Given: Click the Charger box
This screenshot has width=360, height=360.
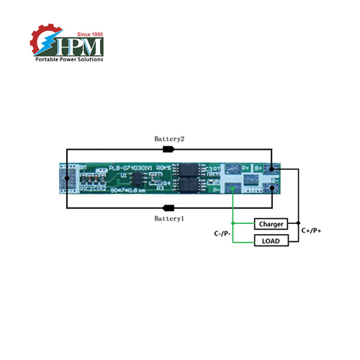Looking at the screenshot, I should pyautogui.click(x=271, y=224).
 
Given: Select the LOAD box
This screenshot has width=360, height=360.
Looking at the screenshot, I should pyautogui.click(x=271, y=240).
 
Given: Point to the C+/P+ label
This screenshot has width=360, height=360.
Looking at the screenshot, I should pyautogui.click(x=312, y=230).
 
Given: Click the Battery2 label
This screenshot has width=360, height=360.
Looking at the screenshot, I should pyautogui.click(x=170, y=138).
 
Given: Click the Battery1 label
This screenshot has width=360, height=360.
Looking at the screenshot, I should pyautogui.click(x=170, y=217).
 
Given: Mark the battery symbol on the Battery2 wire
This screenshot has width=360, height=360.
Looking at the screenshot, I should pyautogui.click(x=169, y=150).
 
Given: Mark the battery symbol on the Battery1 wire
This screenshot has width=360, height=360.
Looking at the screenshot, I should pyautogui.click(x=169, y=207).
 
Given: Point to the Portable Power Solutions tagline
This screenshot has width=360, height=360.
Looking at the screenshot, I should pyautogui.click(x=69, y=59).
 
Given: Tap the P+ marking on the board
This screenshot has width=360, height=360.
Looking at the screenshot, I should pyautogui.click(x=245, y=166).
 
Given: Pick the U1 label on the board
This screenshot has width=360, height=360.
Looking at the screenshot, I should pyautogui.click(x=125, y=175).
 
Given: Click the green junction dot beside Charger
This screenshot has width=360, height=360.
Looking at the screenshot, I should pyautogui.click(x=233, y=224).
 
